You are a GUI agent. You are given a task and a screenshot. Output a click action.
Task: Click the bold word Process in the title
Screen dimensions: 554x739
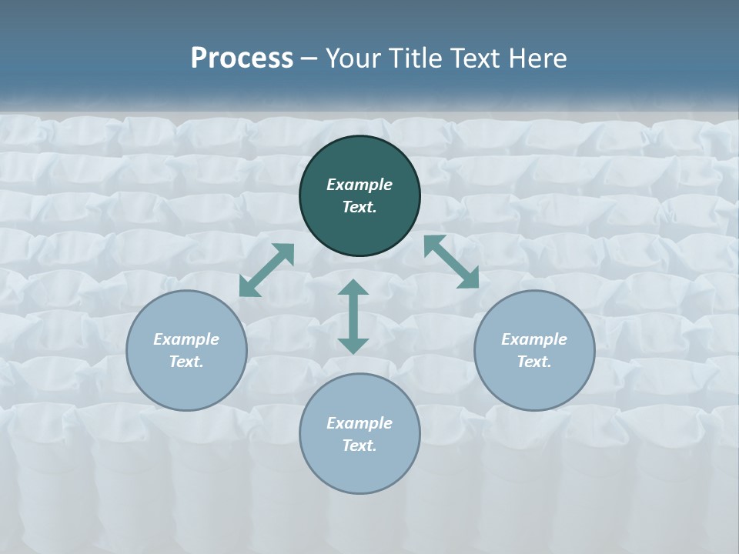coord(242,58)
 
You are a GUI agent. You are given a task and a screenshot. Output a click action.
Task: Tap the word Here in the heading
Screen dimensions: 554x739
coord(536,58)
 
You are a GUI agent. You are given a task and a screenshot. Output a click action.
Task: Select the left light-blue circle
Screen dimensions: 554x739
coord(186,385)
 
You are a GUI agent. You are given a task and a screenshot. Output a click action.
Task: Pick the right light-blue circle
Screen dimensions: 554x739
coord(534,385)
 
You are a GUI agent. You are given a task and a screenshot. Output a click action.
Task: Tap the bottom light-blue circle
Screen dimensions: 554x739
coord(359,469)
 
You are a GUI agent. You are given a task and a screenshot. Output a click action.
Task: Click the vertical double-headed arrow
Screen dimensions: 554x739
coord(353,317)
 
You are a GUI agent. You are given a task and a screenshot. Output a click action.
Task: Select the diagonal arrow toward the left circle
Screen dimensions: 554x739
coord(267,270)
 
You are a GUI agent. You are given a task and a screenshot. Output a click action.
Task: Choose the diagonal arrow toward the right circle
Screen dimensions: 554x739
coord(451,262)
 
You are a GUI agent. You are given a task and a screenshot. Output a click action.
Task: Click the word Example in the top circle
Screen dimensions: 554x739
coord(359,185)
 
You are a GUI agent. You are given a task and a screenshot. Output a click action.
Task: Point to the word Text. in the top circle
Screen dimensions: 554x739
coord(359,208)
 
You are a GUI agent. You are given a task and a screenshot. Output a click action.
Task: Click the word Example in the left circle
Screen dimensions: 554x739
coord(186,339)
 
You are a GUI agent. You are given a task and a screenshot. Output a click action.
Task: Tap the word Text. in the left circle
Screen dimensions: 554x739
coord(186,362)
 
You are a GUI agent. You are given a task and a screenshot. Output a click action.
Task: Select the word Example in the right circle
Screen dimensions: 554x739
coord(534,339)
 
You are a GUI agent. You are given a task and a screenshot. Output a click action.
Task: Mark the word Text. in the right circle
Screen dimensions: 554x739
coord(534,362)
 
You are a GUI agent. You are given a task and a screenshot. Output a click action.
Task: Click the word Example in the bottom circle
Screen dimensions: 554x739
coord(359,423)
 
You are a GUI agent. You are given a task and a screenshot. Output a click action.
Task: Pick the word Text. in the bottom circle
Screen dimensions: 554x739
coord(359,446)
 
